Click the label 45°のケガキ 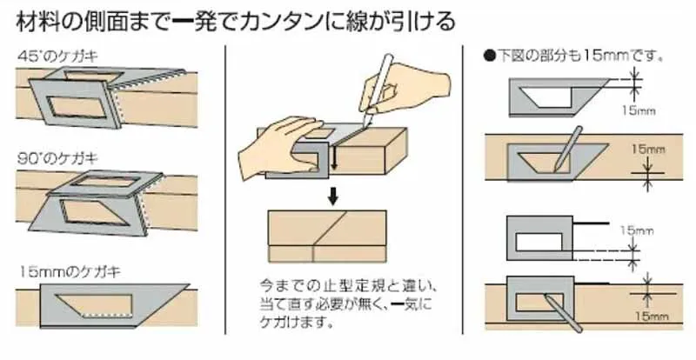57,56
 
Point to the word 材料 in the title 35,19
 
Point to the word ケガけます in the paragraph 296,322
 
